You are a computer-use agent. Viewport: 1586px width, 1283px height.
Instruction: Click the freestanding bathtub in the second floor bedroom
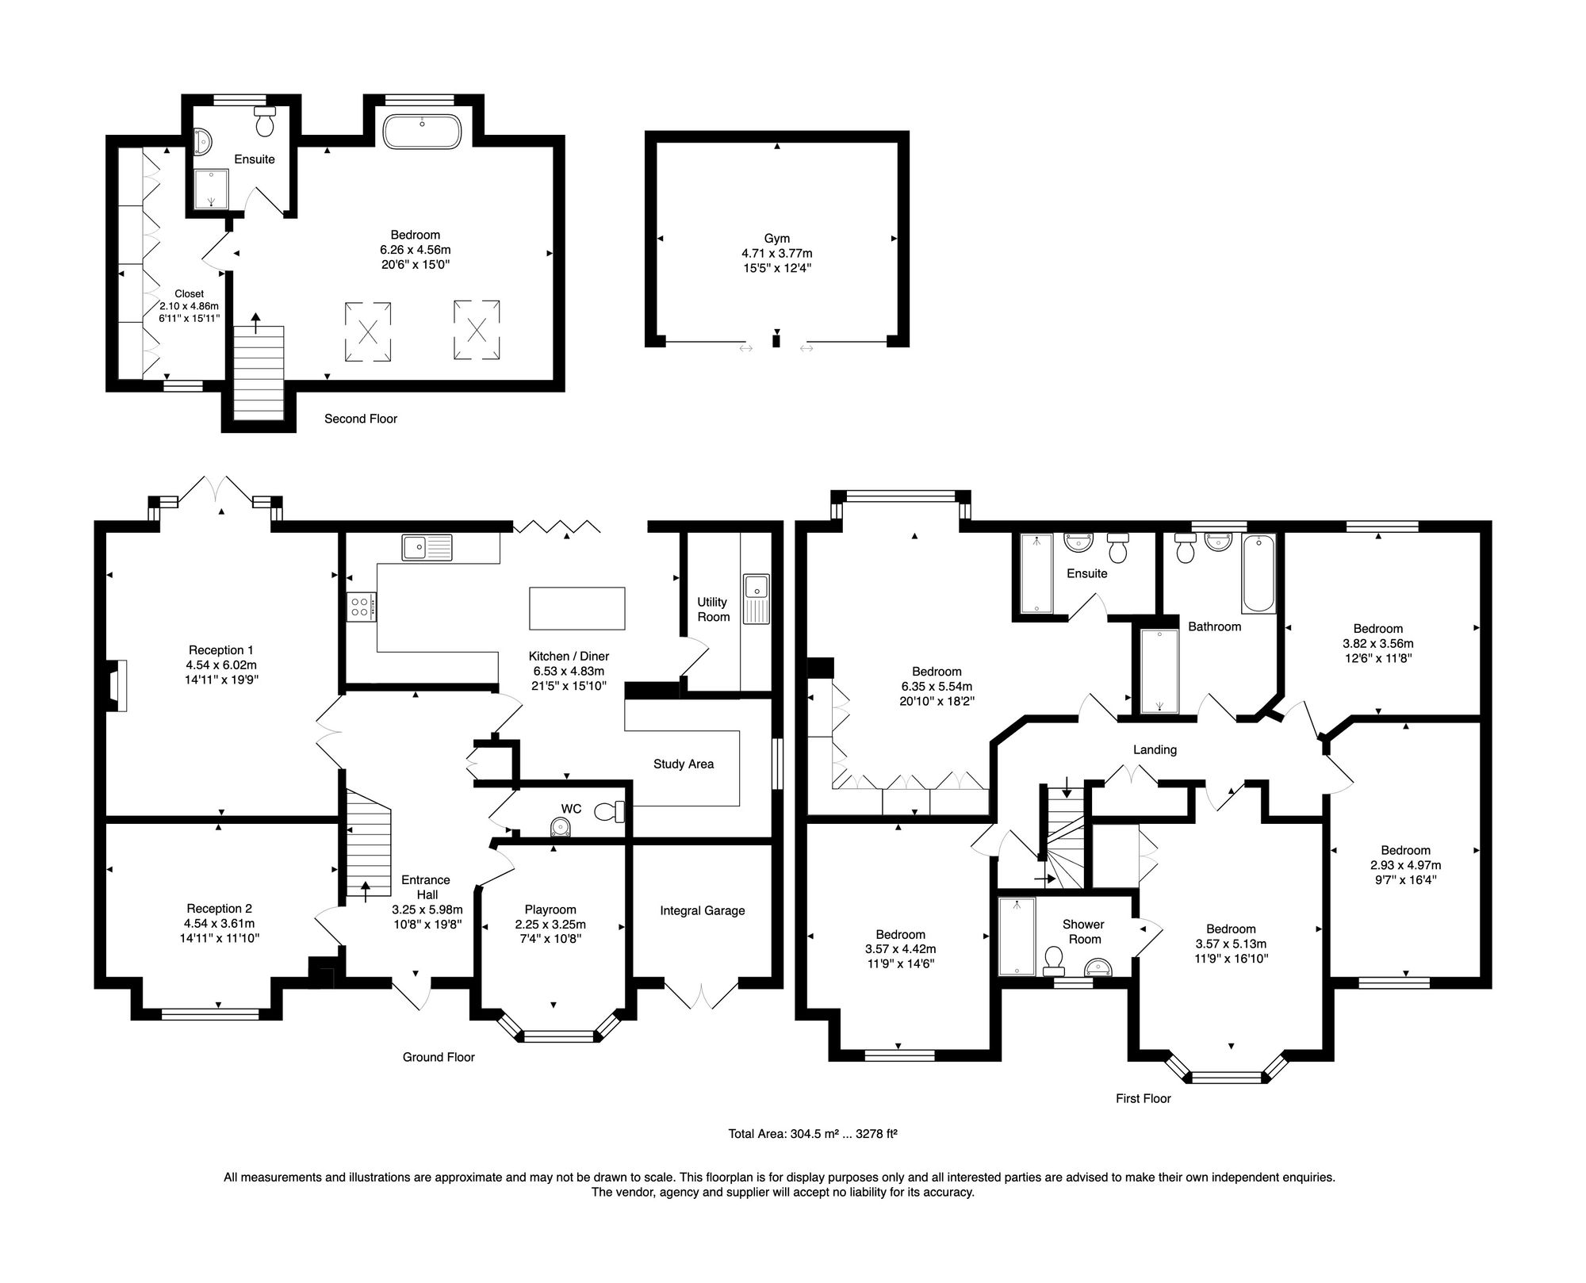(x=422, y=132)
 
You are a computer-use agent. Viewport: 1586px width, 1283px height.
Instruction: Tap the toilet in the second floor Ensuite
(x=264, y=122)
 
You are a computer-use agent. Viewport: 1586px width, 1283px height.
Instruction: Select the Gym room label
(x=776, y=238)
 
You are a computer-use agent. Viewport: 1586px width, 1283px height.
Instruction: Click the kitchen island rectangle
(x=577, y=608)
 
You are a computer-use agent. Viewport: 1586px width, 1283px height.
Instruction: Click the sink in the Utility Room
(x=756, y=588)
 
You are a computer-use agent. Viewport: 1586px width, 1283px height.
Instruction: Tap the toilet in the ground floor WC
(x=610, y=811)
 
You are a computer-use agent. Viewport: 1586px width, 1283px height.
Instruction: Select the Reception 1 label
(x=221, y=650)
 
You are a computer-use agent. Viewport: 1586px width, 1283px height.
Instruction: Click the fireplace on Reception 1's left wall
(x=116, y=686)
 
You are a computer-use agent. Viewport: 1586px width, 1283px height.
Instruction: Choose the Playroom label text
(x=550, y=910)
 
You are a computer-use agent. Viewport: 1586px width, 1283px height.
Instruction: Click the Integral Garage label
(x=702, y=910)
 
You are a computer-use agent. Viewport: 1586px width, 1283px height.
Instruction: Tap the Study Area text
(x=683, y=764)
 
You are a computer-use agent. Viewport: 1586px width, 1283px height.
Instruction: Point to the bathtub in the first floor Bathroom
(x=1258, y=574)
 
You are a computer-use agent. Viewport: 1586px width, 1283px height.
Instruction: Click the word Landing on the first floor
(x=1155, y=749)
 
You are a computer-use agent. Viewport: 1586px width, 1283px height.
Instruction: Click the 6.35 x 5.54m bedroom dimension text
(x=937, y=687)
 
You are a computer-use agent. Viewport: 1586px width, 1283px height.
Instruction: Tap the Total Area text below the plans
(x=812, y=1134)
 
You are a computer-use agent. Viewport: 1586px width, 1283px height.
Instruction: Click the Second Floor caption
(x=360, y=419)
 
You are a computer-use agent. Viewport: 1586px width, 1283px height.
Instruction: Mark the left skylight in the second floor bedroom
(x=368, y=331)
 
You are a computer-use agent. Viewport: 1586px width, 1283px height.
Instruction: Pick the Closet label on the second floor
(x=190, y=293)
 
